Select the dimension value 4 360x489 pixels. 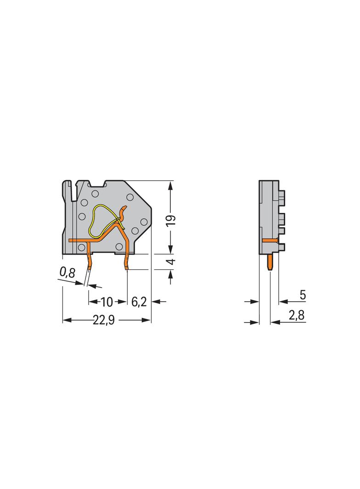[x=170, y=262]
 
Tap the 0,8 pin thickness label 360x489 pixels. [x=67, y=272]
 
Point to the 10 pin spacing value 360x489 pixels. [x=106, y=302]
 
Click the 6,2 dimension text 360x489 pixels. [x=139, y=302]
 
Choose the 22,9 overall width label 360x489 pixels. [x=103, y=321]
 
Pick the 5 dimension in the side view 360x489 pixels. [x=303, y=295]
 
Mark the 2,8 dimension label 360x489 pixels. [x=298, y=316]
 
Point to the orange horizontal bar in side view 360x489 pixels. [x=270, y=240]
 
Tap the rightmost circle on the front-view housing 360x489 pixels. [x=144, y=222]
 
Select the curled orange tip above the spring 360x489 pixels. [x=123, y=212]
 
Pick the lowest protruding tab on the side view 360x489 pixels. [x=281, y=247]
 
